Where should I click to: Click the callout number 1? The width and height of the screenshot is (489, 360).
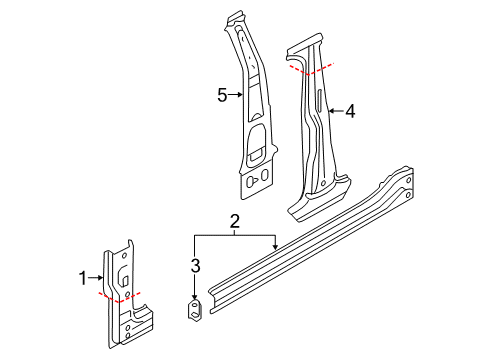[x=83, y=278]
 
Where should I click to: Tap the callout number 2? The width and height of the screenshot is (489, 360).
[x=235, y=221]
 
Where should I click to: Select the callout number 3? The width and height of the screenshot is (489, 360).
[x=195, y=266]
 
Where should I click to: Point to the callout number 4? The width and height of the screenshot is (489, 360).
[x=350, y=111]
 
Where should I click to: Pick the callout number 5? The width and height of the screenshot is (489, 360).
[x=222, y=95]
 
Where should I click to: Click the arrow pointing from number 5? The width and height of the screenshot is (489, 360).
[x=235, y=95]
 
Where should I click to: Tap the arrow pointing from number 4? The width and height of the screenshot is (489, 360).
[x=336, y=111]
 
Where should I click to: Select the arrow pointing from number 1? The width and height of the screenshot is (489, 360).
[x=95, y=277]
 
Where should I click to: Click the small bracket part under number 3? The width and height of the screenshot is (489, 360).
[x=194, y=310]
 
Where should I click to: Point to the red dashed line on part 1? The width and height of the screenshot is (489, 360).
[x=119, y=297]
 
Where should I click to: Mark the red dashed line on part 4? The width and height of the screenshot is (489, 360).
[x=311, y=69]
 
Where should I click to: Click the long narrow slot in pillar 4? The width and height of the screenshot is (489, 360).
[x=320, y=100]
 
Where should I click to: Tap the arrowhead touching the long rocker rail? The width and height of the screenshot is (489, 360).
[x=275, y=247]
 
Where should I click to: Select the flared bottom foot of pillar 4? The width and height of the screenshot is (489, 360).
[x=318, y=201]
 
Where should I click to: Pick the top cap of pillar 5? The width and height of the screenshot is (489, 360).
[x=235, y=18]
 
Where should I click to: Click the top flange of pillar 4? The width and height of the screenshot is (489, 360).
[x=304, y=44]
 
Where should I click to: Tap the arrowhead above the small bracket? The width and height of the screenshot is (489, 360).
[x=194, y=296]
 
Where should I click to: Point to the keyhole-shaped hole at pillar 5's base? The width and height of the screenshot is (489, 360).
[x=252, y=182]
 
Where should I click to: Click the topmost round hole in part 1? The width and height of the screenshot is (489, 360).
[x=124, y=256]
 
